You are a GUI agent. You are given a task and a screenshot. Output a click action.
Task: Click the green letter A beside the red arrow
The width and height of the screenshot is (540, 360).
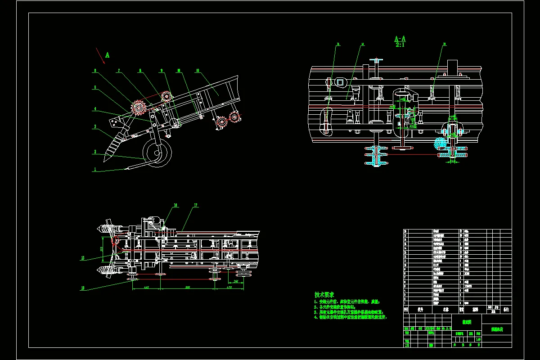tap(108, 55)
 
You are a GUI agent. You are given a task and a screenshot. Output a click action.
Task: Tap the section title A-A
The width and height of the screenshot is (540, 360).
tap(400, 39)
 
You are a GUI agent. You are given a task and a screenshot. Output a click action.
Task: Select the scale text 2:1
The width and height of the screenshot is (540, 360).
tap(400, 45)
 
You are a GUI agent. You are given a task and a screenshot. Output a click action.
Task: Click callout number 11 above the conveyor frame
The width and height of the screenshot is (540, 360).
tap(198, 71)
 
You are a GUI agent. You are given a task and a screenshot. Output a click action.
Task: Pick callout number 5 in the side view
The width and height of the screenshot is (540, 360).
tap(95, 87)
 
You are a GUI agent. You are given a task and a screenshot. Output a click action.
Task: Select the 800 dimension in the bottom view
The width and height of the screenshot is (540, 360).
tap(187, 287)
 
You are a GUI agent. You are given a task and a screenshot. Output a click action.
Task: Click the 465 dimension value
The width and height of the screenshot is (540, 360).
tap(146, 287)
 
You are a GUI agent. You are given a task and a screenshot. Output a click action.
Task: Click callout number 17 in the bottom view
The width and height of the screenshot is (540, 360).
tap(196, 206)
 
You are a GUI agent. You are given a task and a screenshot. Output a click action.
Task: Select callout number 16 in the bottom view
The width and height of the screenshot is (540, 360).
tap(175, 205)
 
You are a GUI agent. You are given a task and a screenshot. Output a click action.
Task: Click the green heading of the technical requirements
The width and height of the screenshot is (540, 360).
tap(324, 294)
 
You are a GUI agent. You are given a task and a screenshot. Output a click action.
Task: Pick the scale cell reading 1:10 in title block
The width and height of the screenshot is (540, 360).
tap(477, 339)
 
